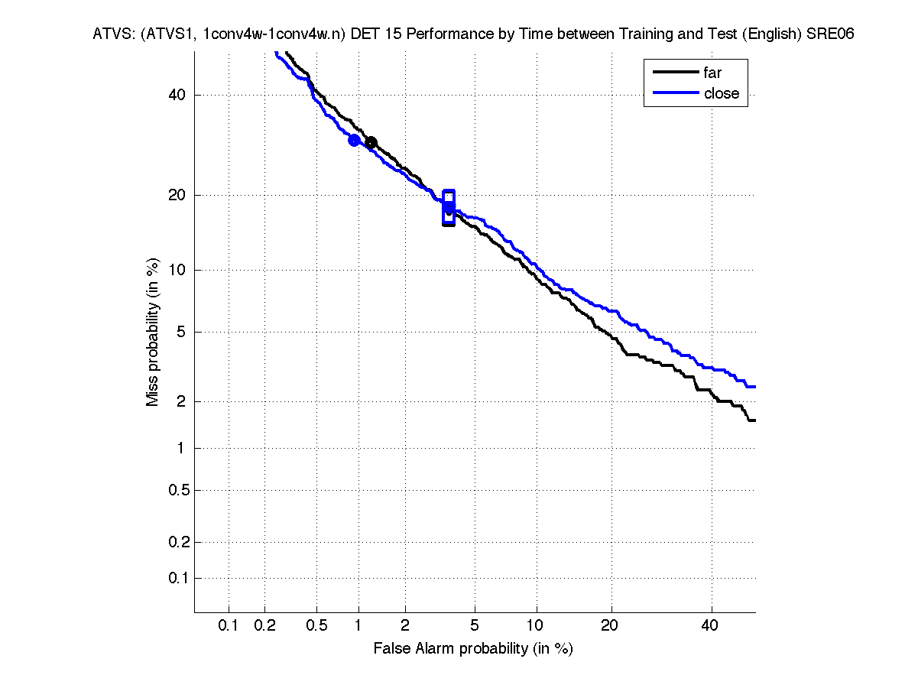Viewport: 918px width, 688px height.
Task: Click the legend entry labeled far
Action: click(712, 73)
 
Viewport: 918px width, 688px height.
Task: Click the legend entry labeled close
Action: click(721, 93)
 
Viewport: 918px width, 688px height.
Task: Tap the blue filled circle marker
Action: click(354, 140)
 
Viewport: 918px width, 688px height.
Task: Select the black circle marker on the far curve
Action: click(371, 143)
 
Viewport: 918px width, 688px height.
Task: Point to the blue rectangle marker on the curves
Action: click(449, 208)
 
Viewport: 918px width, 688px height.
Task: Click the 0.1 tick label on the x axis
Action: click(229, 626)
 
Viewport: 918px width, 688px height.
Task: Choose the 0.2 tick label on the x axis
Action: click(265, 626)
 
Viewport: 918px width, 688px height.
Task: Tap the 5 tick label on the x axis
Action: click(475, 626)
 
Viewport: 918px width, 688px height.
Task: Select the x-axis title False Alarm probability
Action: click(472, 649)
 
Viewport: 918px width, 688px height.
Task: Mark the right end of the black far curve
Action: click(754, 420)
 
